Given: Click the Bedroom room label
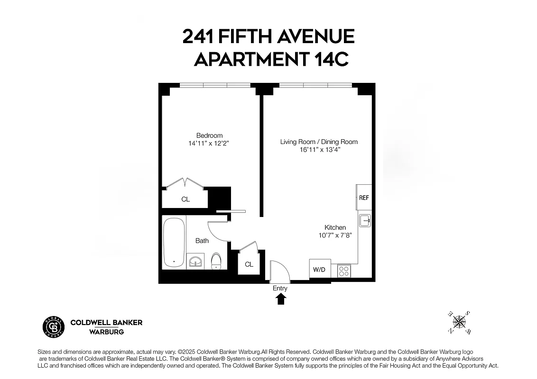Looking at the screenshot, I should (209, 135).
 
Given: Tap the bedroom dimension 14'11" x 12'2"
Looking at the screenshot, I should (209, 143).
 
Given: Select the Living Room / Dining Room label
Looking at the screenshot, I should (319, 142).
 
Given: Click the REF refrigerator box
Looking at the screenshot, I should (364, 198).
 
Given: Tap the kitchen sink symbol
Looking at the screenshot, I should (365, 221).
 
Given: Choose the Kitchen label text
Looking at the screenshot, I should (335, 227).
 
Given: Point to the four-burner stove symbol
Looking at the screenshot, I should (343, 271).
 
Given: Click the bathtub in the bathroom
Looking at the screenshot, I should (174, 243).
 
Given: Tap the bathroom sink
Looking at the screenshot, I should (195, 261).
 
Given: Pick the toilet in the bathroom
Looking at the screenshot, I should (216, 260).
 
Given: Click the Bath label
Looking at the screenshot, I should (202, 241).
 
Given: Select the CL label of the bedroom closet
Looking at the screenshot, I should (185, 199).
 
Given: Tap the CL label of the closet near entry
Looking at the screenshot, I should (249, 264).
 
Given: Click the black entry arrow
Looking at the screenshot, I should (281, 298).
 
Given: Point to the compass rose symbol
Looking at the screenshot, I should (459, 322).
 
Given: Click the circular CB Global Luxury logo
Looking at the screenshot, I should (53, 326).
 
